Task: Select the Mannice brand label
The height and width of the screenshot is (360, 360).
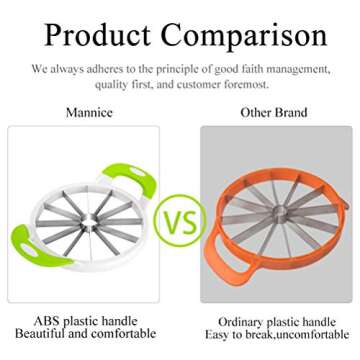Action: [x=89, y=112]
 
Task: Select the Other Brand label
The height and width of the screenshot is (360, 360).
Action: [x=273, y=112]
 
